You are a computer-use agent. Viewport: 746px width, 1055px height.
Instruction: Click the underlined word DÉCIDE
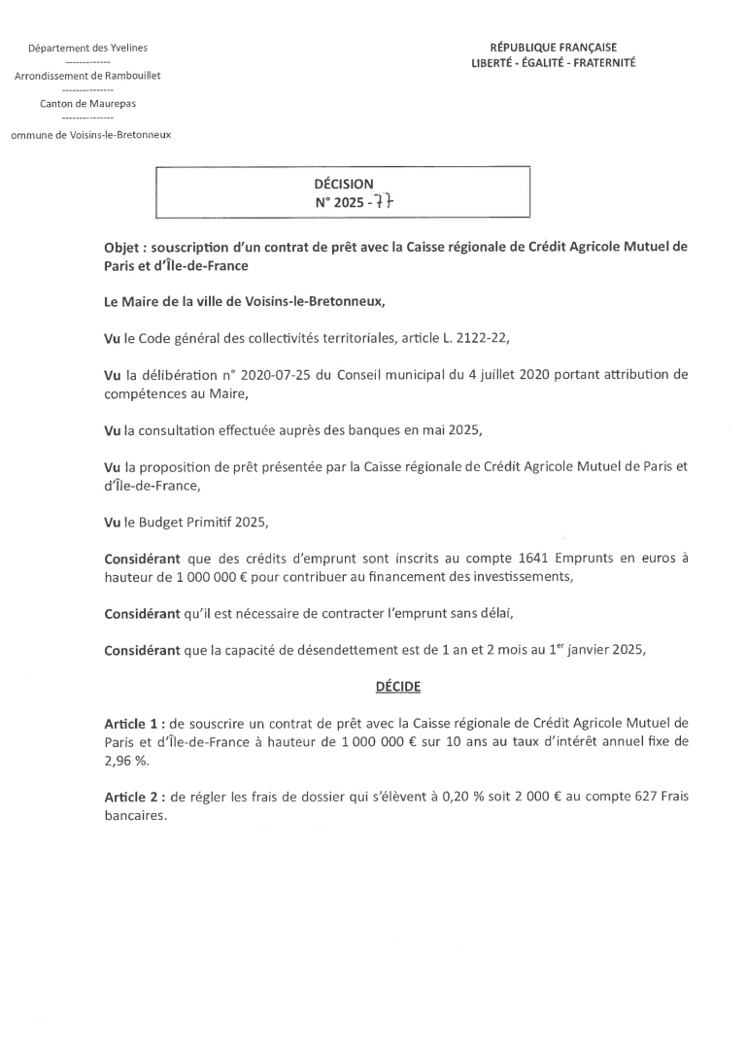coord(397,686)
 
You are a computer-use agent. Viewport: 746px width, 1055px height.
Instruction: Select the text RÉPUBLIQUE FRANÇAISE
coord(553,48)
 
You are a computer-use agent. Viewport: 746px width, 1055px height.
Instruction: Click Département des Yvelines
coord(88,48)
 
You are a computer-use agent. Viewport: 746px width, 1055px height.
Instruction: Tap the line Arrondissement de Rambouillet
coord(88,75)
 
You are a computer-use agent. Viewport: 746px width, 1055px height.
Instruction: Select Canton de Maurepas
coord(88,103)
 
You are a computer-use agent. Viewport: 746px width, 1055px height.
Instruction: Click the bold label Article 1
coord(133,723)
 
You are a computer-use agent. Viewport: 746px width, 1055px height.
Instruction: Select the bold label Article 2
coord(133,797)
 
